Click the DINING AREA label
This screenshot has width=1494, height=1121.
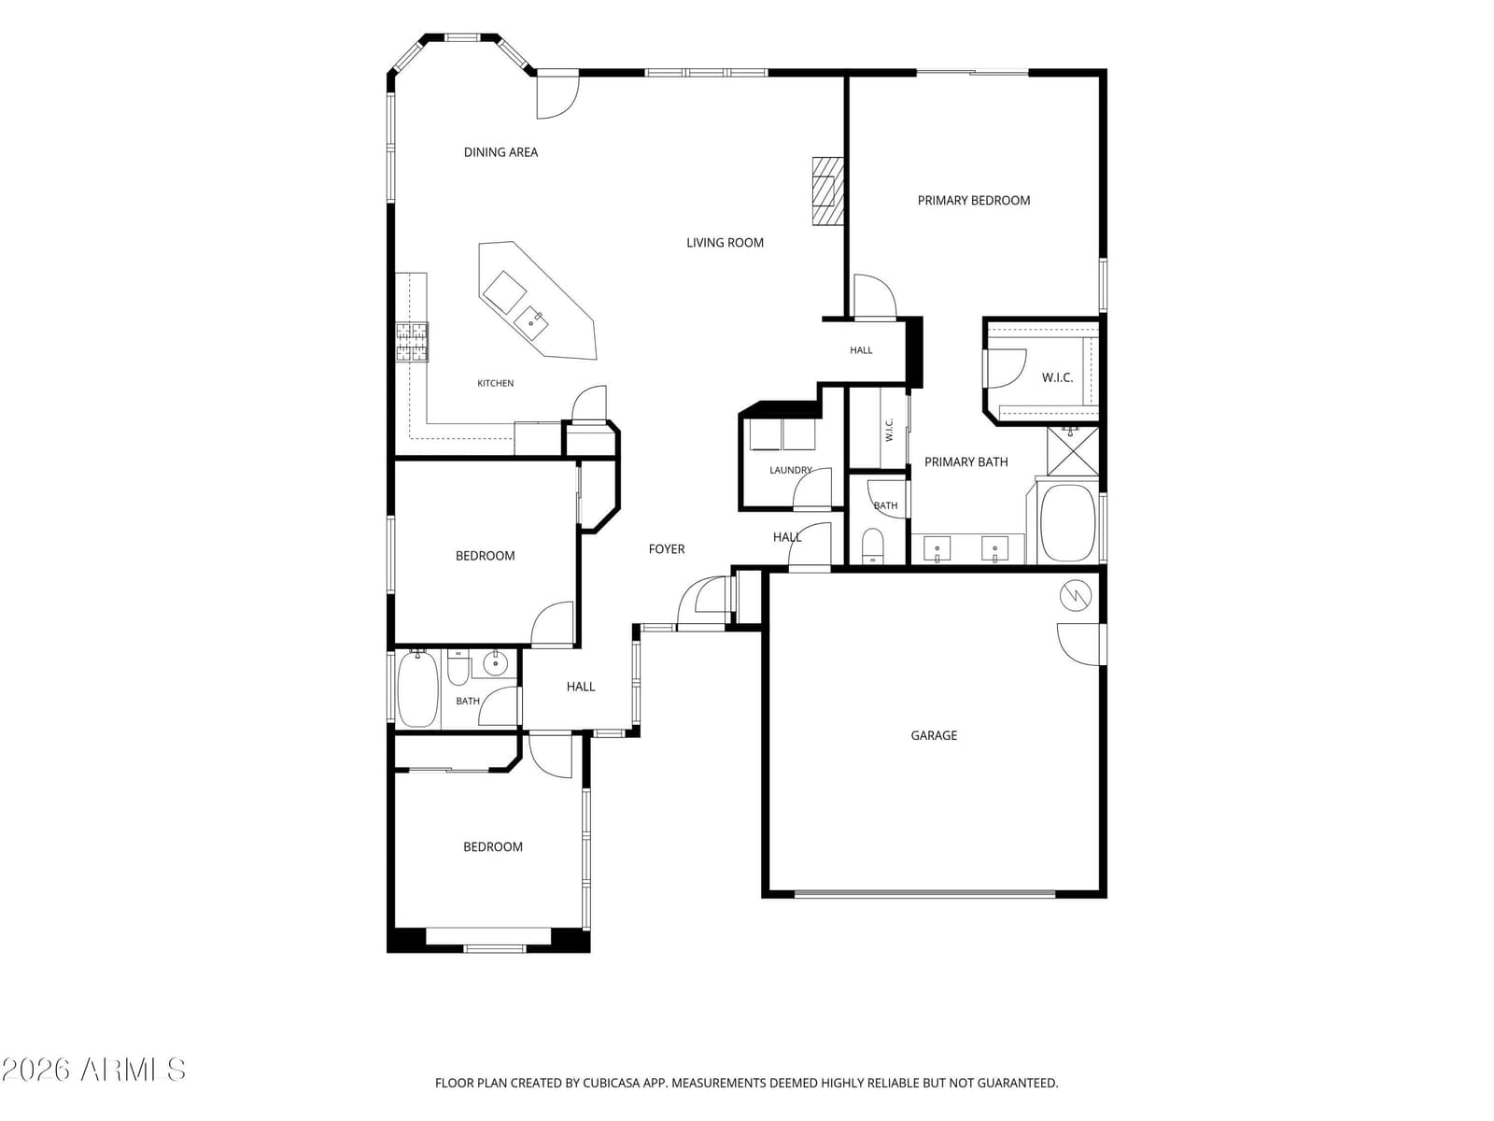pyautogui.click(x=500, y=152)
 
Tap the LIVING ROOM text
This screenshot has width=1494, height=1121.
pyautogui.click(x=725, y=243)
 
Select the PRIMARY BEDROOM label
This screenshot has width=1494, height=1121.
pyautogui.click(x=973, y=201)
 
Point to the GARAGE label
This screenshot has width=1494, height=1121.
pyautogui.click(x=933, y=736)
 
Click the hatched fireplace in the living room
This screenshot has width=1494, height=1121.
pyautogui.click(x=827, y=192)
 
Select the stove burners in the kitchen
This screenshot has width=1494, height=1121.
pyautogui.click(x=412, y=342)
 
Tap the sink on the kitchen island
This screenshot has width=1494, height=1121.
pyautogui.click(x=531, y=322)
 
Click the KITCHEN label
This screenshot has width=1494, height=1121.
pyautogui.click(x=495, y=384)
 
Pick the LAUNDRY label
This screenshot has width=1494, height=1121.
pyautogui.click(x=790, y=470)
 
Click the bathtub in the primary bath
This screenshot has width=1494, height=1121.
pyautogui.click(x=1067, y=523)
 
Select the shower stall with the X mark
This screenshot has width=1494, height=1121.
pyautogui.click(x=1072, y=451)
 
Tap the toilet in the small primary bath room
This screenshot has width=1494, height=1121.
pyautogui.click(x=872, y=546)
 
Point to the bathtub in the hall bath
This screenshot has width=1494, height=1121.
pyautogui.click(x=416, y=689)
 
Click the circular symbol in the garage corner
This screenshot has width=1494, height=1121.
pyautogui.click(x=1075, y=596)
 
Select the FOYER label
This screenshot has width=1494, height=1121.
pyautogui.click(x=667, y=549)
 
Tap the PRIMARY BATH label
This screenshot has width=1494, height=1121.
pyautogui.click(x=965, y=462)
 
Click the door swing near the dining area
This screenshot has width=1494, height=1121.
pyautogui.click(x=557, y=97)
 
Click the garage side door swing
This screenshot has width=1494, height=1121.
pyautogui.click(x=1078, y=645)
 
